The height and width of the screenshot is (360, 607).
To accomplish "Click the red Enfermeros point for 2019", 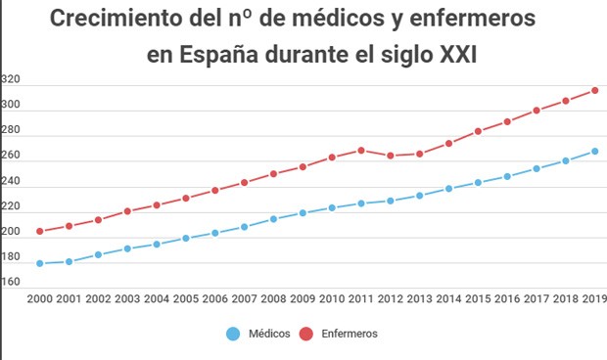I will pyautogui.click(x=594, y=91).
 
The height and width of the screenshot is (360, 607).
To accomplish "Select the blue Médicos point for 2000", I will pyautogui.click(x=39, y=263).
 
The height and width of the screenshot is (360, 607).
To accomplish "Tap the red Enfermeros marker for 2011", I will pyautogui.click(x=361, y=151).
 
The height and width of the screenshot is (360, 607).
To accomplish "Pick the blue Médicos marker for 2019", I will pyautogui.click(x=594, y=152).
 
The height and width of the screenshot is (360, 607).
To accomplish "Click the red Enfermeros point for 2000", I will pyautogui.click(x=39, y=232).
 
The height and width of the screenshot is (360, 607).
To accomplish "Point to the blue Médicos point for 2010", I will pyautogui.click(x=332, y=207).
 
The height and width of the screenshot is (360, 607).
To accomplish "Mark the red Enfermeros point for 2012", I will pyautogui.click(x=390, y=156).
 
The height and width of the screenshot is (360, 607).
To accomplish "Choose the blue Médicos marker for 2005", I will pyautogui.click(x=186, y=238).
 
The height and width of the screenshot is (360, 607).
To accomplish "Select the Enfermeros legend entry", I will pyautogui.click(x=349, y=334).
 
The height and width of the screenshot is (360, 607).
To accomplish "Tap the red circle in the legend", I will pyautogui.click(x=305, y=334).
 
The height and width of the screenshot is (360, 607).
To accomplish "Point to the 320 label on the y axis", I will pyautogui.click(x=11, y=79).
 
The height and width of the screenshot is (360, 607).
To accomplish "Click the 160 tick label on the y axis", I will pyautogui.click(x=11, y=283).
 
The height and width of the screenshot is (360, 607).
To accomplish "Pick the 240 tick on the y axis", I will pyautogui.click(x=11, y=181).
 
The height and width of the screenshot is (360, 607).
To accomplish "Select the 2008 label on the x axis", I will pyautogui.click(x=273, y=298).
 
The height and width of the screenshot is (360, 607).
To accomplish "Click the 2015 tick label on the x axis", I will pyautogui.click(x=478, y=298).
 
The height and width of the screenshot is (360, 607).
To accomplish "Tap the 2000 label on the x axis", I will pyautogui.click(x=40, y=298).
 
